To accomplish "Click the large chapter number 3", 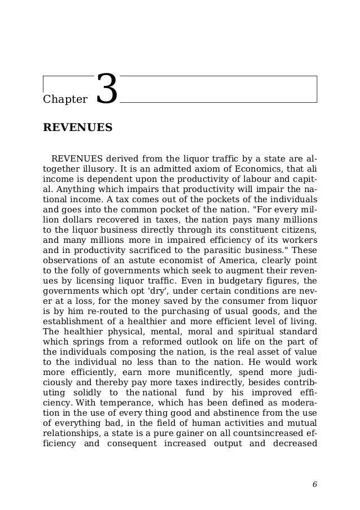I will point(107,90).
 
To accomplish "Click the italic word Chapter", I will point(65,100).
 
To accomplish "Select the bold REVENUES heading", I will point(78,128).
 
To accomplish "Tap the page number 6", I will point(314,484).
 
